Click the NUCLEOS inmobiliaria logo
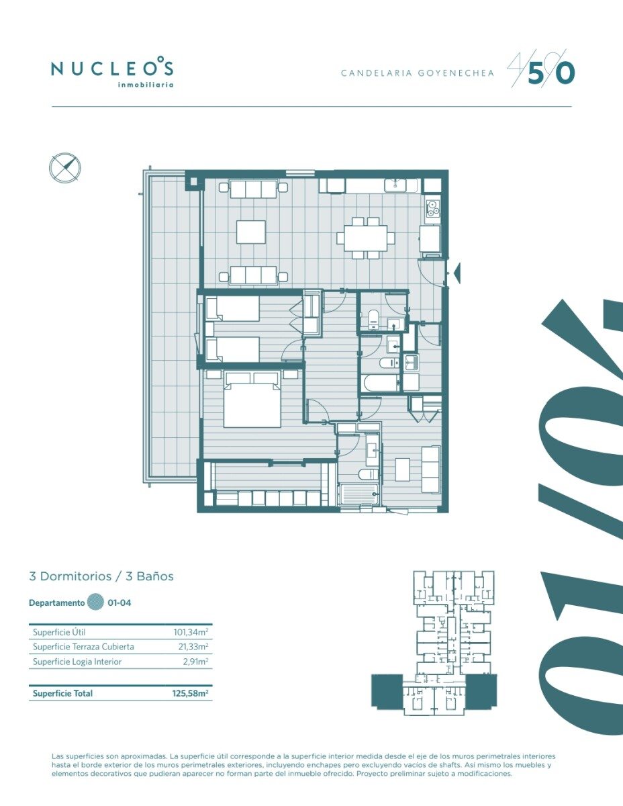pyautogui.click(x=112, y=73)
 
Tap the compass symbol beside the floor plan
pyautogui.click(x=65, y=168)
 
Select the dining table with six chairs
pyautogui.click(x=365, y=238)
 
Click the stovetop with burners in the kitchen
pyautogui.click(x=432, y=208)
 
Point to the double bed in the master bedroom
pyautogui.click(x=252, y=400)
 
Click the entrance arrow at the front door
pyautogui.click(x=457, y=273)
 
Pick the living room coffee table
pyautogui.click(x=251, y=232)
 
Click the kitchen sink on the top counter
pyautogui.click(x=396, y=185)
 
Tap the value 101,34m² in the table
pyautogui.click(x=191, y=632)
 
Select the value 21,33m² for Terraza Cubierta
pyautogui.click(x=193, y=647)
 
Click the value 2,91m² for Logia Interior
pyautogui.click(x=195, y=662)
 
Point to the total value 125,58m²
pyautogui.click(x=190, y=693)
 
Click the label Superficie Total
pyautogui.click(x=62, y=694)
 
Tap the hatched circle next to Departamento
pyautogui.click(x=95, y=602)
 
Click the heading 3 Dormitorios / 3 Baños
pyautogui.click(x=101, y=576)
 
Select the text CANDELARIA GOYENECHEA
pyautogui.click(x=418, y=73)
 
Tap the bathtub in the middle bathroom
pyautogui.click(x=381, y=383)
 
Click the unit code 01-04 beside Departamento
pyautogui.click(x=119, y=602)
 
